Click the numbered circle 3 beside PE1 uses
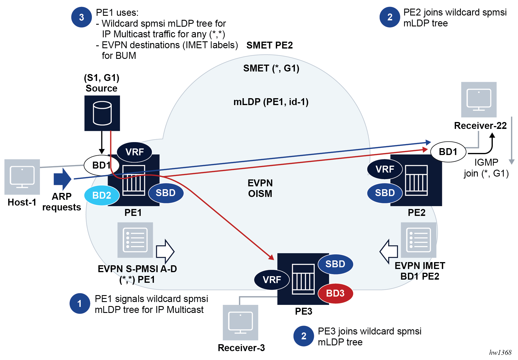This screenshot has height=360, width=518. tap(82, 17)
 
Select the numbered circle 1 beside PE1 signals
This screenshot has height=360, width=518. tap(80, 303)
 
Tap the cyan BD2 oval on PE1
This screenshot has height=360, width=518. tap(102, 196)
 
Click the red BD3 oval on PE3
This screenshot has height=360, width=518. tap(335, 293)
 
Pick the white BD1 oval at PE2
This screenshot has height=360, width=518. tap(448, 152)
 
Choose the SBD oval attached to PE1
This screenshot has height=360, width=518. tap(166, 193)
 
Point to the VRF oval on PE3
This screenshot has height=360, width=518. tap(272, 280)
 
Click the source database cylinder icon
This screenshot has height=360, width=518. tap(102, 113)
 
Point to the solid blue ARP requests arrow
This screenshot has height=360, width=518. tap(62, 179)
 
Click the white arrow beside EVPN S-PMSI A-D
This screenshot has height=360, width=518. tap(165, 251)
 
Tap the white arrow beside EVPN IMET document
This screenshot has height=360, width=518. tap(389, 251)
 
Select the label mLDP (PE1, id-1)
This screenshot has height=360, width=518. tap(271, 102)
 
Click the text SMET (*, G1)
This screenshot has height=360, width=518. tap(271, 68)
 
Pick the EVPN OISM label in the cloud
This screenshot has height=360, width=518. tap(260, 188)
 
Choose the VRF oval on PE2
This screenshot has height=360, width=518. tap(385, 169)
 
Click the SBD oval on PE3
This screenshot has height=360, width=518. tap(335, 264)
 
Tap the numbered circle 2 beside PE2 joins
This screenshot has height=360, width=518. tap(390, 17)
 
